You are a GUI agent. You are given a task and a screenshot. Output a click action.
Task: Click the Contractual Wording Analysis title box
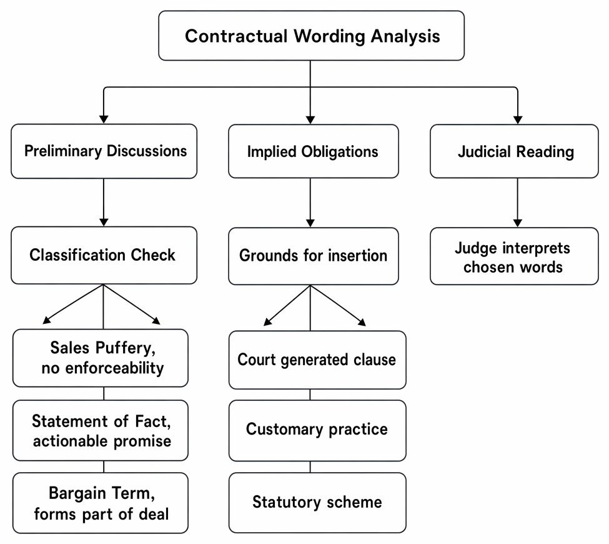(311, 36)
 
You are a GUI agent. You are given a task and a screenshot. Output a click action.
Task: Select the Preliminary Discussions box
(104, 151)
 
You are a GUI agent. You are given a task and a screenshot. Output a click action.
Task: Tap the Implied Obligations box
(314, 151)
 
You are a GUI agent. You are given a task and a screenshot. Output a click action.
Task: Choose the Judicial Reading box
(514, 151)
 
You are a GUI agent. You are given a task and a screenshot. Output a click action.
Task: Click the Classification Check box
(104, 255)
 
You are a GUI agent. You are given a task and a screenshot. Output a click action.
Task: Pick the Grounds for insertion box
(314, 256)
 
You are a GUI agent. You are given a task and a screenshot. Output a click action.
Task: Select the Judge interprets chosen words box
(514, 256)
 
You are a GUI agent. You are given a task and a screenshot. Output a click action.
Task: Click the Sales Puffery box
(100, 358)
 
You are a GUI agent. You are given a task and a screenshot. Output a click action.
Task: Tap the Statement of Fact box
(100, 430)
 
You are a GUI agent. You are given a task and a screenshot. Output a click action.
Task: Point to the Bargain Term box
(100, 503)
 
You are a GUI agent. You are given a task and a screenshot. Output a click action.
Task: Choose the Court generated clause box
(317, 360)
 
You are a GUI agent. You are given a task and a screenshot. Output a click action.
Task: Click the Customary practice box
(317, 430)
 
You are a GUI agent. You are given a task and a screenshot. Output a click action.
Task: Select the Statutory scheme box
(317, 503)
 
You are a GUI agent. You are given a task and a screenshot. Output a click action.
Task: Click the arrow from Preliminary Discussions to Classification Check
(104, 203)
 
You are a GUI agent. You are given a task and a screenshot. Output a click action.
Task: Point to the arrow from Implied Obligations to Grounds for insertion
(310, 203)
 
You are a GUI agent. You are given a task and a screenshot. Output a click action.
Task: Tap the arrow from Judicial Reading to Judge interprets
(517, 203)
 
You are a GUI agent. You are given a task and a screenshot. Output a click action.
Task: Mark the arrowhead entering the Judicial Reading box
(518, 120)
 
